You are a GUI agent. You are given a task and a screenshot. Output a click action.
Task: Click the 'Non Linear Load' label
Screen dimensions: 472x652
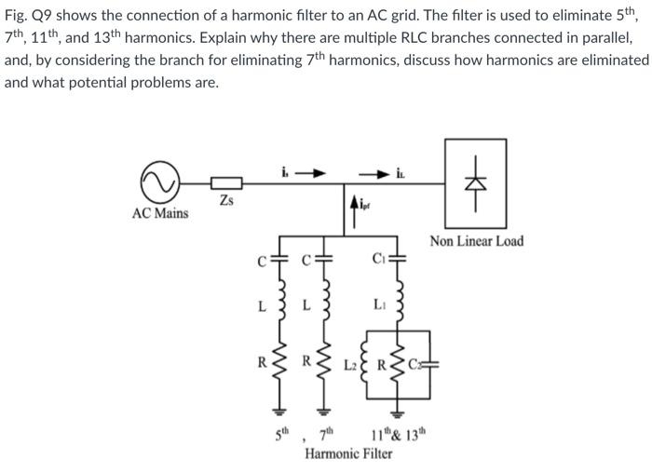click(x=476, y=242)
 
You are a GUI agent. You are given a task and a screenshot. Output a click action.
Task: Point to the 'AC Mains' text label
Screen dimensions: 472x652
click(x=159, y=213)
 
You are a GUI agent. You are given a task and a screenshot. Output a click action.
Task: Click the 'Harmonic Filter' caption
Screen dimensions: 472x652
click(x=349, y=453)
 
